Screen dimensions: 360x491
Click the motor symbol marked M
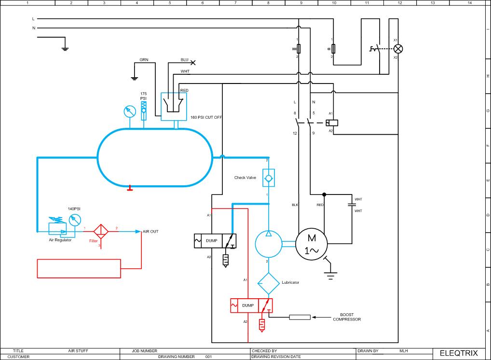click(x=311, y=244)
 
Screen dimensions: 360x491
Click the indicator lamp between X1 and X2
click(x=398, y=49)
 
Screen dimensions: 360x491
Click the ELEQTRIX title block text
click(x=459, y=353)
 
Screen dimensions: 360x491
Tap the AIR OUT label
click(x=150, y=232)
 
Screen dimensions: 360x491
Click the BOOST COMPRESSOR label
click(x=347, y=317)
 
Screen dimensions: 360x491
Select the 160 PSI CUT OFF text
click(x=206, y=117)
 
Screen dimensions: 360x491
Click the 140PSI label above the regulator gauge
click(x=74, y=208)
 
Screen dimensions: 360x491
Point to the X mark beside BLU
click(x=193, y=62)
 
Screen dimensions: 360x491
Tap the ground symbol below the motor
click(x=330, y=277)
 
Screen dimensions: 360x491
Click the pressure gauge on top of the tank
click(x=129, y=112)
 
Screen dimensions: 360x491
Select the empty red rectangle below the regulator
click(x=79, y=268)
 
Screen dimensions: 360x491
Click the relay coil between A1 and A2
click(x=332, y=122)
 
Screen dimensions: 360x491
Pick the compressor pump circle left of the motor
click(x=268, y=243)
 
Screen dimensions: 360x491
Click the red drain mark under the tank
click(x=130, y=188)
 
